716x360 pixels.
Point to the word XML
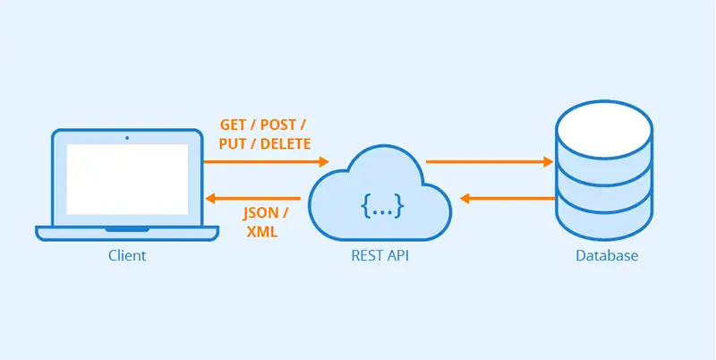pos(260,232)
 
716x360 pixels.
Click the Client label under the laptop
pos(126,256)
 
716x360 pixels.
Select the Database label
pos(606,256)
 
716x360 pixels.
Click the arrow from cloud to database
pos(489,162)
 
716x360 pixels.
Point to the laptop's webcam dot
pos(126,138)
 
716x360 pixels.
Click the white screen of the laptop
pos(126,179)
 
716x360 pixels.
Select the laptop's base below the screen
pos(126,233)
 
